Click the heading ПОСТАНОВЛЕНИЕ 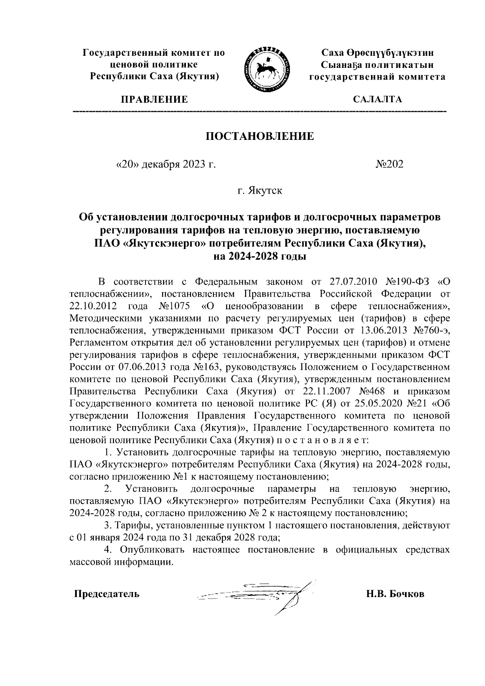click(260, 136)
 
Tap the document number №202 click(390, 164)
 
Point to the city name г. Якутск click(260, 190)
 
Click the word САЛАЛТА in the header click(377, 99)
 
